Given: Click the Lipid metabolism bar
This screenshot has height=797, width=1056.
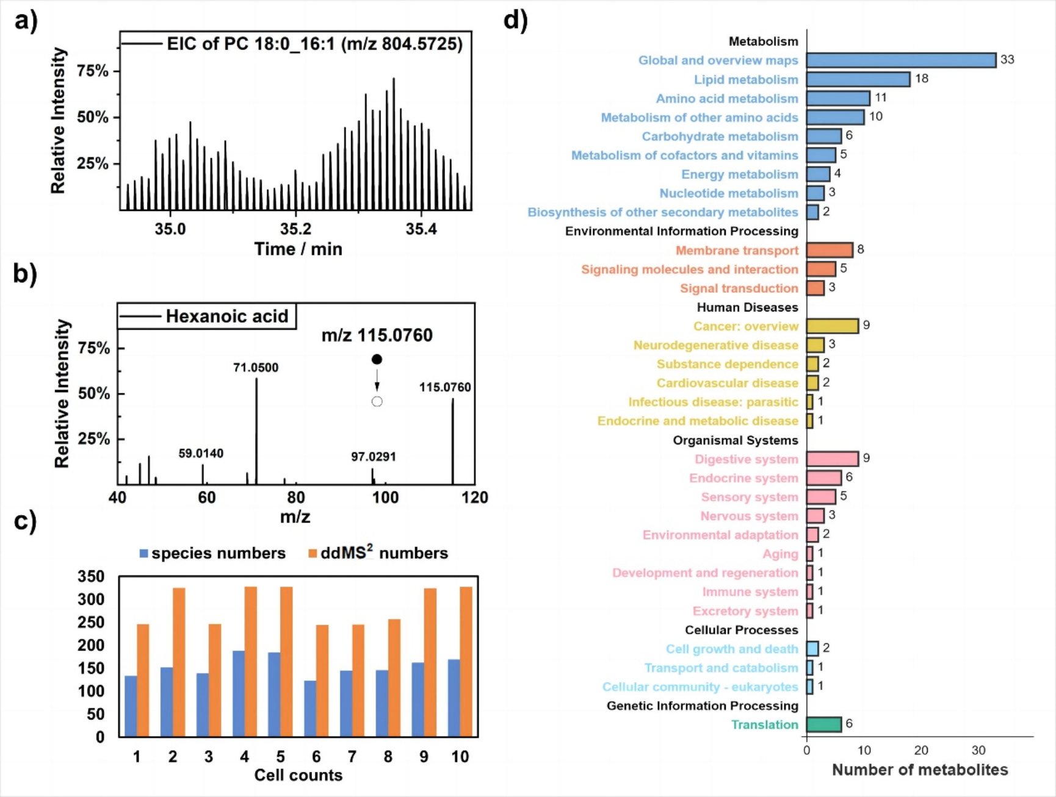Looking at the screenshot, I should tap(858, 79).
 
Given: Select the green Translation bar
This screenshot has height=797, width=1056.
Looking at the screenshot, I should tap(823, 724).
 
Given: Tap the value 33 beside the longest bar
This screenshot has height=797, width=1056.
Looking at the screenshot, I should tap(1007, 60).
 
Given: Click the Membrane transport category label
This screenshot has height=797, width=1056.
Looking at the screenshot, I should tap(737, 251).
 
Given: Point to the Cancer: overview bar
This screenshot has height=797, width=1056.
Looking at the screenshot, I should tap(832, 326).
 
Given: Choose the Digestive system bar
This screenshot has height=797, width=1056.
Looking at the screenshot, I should tap(832, 459).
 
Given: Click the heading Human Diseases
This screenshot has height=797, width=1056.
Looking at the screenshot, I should tap(747, 307).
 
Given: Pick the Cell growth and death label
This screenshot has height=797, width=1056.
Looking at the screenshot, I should tap(732, 649).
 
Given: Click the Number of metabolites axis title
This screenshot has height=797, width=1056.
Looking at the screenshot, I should tap(920, 770).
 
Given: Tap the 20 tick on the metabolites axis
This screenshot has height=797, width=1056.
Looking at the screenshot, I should tap(921, 751).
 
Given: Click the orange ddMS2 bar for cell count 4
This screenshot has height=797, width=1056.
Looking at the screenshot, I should tap(251, 661).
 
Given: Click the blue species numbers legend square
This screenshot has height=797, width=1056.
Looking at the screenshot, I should tap(144, 554).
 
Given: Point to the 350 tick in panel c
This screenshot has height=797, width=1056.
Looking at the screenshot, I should tap(91, 576).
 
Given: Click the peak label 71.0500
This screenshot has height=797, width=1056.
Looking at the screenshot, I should tap(256, 368).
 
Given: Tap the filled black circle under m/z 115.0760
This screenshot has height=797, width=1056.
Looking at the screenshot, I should tap(377, 359).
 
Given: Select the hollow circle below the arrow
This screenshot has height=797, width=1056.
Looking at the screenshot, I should tap(377, 401).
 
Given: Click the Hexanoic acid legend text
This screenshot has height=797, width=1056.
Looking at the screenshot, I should tap(227, 316).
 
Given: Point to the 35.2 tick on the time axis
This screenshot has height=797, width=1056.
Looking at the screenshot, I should tap(295, 229).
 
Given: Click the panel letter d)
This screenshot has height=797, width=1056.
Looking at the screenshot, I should tap(515, 20).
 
